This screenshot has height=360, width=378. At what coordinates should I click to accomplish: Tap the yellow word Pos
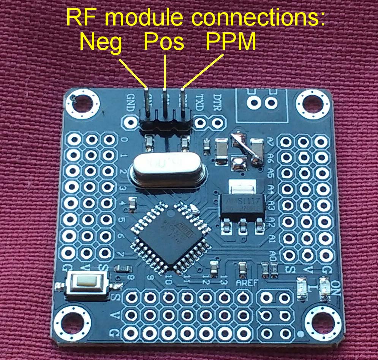click(x=164, y=43)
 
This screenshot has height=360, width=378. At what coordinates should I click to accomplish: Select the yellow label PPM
click(x=231, y=43)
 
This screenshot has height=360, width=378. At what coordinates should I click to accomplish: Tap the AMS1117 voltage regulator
click(x=242, y=206)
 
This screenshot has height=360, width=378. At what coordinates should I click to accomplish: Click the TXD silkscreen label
click(x=199, y=103)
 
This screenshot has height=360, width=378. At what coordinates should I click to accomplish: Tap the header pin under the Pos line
click(x=165, y=103)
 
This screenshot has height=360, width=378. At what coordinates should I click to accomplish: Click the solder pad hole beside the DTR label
click(x=217, y=122)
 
